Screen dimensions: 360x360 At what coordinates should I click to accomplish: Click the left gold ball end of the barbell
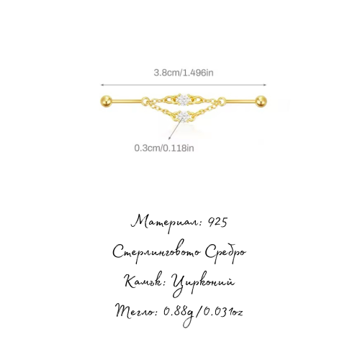coord(106,101)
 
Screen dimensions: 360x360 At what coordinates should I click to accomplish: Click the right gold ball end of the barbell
coord(261,101)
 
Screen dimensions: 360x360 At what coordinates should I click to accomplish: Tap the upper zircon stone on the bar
coord(184,99)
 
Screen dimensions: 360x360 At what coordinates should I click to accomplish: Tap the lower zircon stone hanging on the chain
coord(184,117)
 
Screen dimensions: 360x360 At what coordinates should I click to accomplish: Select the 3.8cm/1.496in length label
coord(184,73)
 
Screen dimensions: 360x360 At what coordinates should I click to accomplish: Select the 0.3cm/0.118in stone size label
coord(164,148)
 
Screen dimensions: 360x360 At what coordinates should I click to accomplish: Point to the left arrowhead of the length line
coord(102,85)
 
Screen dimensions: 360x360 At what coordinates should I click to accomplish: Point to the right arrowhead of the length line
coord(265,85)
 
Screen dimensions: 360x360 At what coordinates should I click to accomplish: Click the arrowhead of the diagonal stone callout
coord(169,138)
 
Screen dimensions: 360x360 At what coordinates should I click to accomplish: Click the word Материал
coord(166,222)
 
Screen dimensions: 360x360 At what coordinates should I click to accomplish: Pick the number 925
coord(217,222)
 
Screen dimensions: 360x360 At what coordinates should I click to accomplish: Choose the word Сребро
coord(225,253)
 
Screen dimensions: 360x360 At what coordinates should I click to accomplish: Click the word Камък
coord(145,282)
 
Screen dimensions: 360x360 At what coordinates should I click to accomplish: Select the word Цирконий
coord(203,283)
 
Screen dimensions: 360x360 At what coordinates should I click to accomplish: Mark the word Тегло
coord(135,311)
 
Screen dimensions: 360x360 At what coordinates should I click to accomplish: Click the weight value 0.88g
coord(179,313)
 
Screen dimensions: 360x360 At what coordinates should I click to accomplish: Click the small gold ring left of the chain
coord(145,101)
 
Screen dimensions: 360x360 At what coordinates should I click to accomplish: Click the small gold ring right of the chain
coord(222,101)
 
